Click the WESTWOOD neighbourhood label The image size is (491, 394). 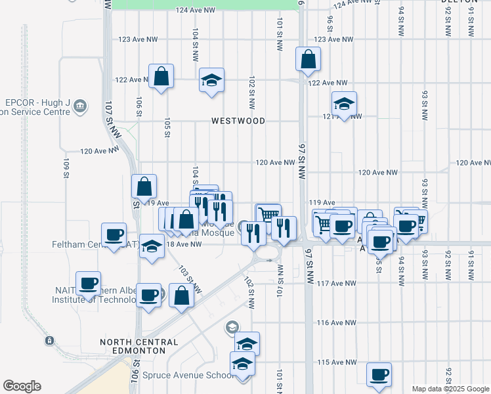point(238,121)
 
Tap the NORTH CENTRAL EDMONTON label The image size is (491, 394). point(139,346)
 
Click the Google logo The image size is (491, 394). point(22,386)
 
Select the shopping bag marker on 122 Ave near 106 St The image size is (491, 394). point(161,77)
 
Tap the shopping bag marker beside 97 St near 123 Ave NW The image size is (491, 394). point(308,60)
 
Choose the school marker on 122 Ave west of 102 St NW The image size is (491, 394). point(211,81)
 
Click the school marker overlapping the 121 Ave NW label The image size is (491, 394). point(344,104)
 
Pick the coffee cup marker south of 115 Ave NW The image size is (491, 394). point(379,375)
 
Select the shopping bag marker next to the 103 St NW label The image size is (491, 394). point(181,296)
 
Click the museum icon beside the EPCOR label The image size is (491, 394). point(80,106)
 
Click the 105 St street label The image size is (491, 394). point(167,127)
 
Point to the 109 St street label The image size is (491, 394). point(66,168)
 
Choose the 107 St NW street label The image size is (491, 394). point(112,118)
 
